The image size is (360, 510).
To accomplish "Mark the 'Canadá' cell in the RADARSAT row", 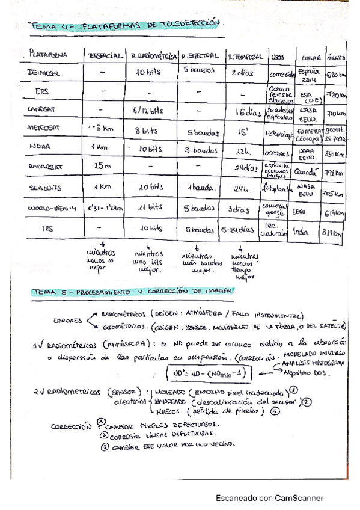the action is point(307,171).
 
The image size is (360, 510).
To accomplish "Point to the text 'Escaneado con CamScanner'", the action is point(270,498).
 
